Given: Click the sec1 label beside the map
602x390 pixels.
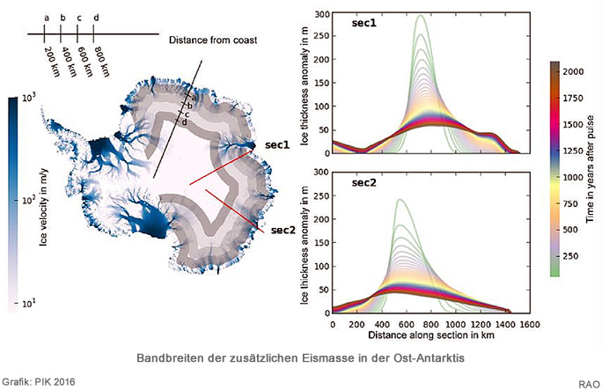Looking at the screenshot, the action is (x=277, y=144).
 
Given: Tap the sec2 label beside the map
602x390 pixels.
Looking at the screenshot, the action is (x=283, y=230).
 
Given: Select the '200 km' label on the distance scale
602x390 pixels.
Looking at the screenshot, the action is (x=52, y=62).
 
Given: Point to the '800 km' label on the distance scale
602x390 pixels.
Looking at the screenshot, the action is (x=102, y=62).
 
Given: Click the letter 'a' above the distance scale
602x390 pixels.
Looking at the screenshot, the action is (x=47, y=18).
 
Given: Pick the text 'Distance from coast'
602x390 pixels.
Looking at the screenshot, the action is (x=213, y=40).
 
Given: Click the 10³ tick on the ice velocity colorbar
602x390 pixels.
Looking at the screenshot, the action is (x=28, y=99).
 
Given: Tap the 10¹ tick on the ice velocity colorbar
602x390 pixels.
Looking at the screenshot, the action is (x=28, y=303).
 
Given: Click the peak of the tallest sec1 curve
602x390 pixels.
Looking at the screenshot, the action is (x=421, y=15).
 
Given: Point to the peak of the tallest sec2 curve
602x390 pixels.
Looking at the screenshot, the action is (x=400, y=199).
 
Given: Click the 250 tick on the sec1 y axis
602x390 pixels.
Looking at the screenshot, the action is (x=322, y=36).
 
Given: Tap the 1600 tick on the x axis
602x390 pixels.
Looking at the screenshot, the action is (x=530, y=324).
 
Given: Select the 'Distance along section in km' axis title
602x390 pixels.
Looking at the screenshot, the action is (x=431, y=335).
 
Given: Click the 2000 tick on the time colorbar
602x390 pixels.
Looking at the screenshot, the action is (x=573, y=71).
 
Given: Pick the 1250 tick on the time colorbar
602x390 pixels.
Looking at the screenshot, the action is (x=573, y=151).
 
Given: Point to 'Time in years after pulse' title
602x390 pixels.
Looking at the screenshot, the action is (x=590, y=169).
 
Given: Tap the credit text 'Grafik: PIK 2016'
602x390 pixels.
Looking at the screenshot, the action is (x=39, y=382).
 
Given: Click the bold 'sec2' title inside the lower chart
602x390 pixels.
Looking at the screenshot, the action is (x=364, y=183).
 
